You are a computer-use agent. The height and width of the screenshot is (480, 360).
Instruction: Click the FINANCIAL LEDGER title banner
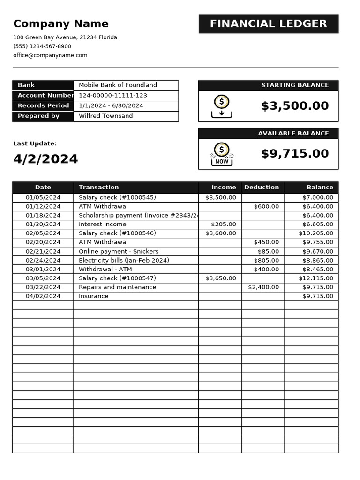coord(268,24)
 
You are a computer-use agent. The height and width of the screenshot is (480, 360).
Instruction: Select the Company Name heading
coord(61,24)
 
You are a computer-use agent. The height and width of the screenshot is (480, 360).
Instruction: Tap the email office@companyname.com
coord(50,55)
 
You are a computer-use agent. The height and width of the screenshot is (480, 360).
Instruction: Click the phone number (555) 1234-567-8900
coord(42,46)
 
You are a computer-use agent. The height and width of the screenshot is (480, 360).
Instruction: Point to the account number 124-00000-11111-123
coord(113,96)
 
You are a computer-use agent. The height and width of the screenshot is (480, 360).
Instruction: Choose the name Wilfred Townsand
coord(105,116)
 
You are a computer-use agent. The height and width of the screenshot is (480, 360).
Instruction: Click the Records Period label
coord(43,106)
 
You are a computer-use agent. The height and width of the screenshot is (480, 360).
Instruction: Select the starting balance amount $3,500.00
coord(295,106)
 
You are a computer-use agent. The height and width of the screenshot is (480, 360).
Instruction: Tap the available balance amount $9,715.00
coord(295,154)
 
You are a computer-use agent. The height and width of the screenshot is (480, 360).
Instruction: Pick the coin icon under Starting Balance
coord(222,106)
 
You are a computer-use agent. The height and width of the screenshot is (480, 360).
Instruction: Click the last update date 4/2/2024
coord(45,159)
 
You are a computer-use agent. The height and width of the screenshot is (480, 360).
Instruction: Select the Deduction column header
coord(262,187)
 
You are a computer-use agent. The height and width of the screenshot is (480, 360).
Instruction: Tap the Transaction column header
coord(99,187)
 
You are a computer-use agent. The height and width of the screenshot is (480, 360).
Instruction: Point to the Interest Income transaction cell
coord(102,225)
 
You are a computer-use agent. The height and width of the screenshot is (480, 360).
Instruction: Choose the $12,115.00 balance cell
coord(316,278)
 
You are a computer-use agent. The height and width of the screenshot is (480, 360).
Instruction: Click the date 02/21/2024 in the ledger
coord(43,252)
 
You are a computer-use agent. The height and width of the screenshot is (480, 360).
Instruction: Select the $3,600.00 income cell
coord(221,233)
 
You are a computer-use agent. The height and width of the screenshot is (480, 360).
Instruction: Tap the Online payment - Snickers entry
coord(119,252)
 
